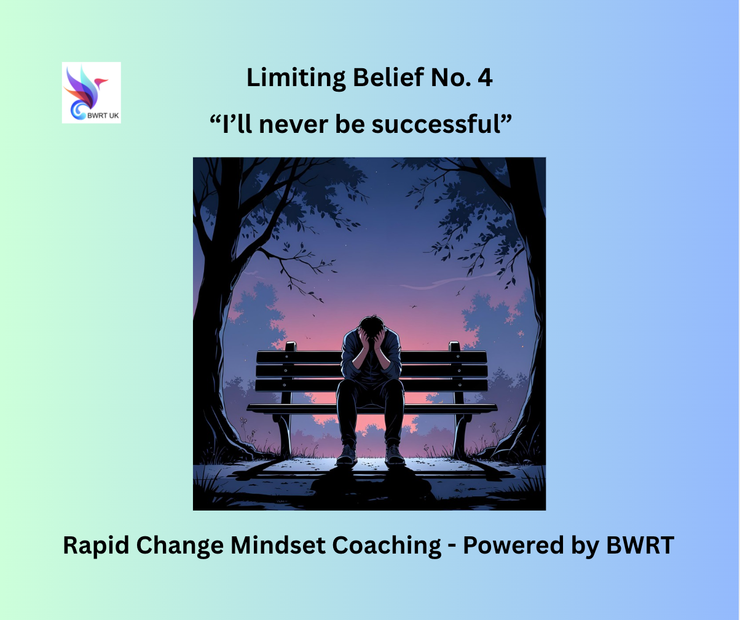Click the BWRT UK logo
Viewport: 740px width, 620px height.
click(x=92, y=93)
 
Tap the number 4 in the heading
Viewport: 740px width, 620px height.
click(x=485, y=77)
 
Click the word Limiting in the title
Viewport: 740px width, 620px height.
click(x=296, y=79)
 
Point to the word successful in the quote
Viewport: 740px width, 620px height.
click(x=436, y=124)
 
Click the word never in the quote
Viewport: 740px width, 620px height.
click(x=294, y=126)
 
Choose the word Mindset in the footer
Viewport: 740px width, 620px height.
click(x=278, y=545)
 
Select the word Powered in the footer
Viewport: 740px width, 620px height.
click(x=513, y=545)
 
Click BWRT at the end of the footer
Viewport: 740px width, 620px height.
click(x=640, y=546)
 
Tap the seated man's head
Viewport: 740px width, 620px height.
click(x=371, y=328)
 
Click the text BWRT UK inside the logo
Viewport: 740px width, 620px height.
click(x=103, y=116)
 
